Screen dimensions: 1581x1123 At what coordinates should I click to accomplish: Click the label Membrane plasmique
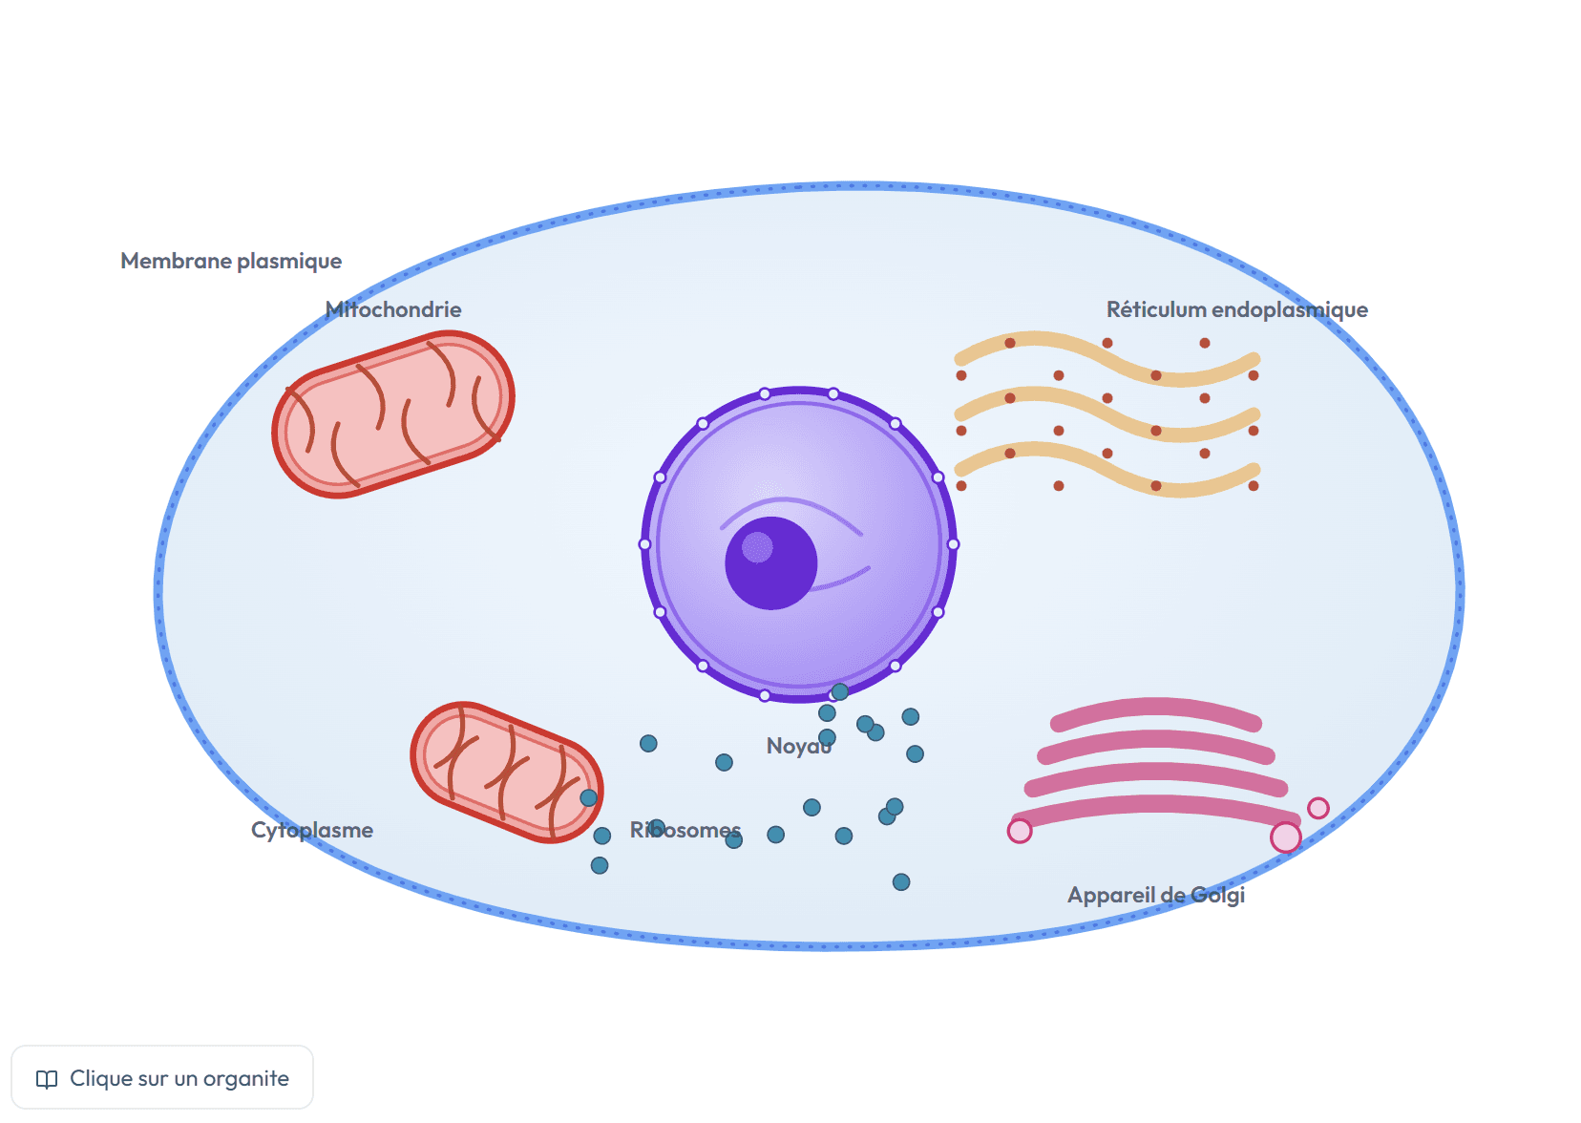click(231, 262)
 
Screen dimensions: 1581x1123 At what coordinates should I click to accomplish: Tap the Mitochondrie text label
click(393, 309)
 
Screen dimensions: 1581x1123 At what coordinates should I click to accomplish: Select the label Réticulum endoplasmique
click(1236, 310)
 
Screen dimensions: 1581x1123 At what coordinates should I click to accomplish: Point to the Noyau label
click(799, 746)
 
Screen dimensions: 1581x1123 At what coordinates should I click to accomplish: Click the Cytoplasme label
click(312, 830)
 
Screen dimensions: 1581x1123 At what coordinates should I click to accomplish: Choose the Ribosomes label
click(685, 830)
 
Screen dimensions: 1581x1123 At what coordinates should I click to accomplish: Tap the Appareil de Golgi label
click(1156, 896)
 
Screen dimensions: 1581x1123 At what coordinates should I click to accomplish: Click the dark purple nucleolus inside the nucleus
click(770, 563)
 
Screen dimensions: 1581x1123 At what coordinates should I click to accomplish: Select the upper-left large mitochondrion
click(393, 414)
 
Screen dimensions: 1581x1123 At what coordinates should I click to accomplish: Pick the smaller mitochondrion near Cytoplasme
click(507, 773)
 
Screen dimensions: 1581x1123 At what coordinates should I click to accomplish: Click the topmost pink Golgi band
click(1156, 711)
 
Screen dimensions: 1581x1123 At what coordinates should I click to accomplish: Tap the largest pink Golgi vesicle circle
click(1285, 837)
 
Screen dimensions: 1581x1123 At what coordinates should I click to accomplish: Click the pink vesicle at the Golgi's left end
click(1020, 831)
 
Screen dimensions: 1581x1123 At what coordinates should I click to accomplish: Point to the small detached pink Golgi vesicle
click(1318, 808)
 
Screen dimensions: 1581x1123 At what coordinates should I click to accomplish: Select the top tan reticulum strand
click(1107, 359)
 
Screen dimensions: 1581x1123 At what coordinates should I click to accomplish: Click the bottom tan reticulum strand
click(1107, 470)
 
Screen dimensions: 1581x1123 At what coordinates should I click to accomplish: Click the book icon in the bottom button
click(47, 1079)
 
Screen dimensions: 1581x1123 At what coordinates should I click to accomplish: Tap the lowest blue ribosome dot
click(901, 882)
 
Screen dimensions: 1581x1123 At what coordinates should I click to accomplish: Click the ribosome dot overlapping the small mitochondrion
click(589, 798)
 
